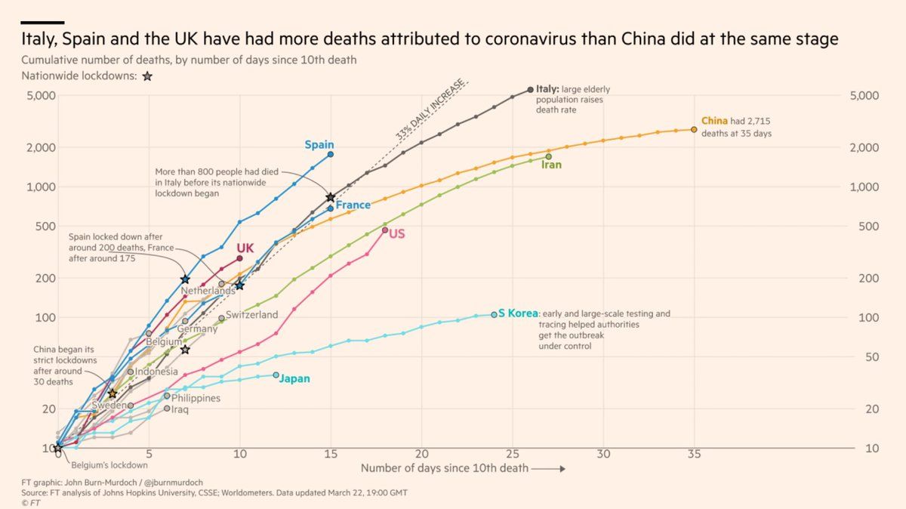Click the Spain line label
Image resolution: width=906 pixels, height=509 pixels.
point(319,144)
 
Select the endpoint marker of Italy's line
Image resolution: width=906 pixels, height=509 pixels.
point(530,89)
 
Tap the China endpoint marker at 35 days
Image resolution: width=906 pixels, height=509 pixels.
point(694,129)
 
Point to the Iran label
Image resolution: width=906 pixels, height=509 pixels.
point(552,165)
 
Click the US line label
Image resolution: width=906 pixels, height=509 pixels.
point(397,234)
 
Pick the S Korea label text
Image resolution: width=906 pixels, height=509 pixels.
point(518,313)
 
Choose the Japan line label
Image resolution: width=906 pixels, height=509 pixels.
point(294,379)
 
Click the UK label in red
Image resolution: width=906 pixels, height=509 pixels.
point(245,248)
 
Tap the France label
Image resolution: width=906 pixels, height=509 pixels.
point(353,205)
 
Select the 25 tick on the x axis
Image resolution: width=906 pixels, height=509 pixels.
point(512,455)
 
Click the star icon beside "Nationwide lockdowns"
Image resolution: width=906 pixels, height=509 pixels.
point(147,76)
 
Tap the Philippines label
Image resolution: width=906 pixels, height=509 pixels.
point(196,398)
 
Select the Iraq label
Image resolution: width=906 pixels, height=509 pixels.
point(180,409)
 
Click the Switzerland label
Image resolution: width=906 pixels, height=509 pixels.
point(252,314)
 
